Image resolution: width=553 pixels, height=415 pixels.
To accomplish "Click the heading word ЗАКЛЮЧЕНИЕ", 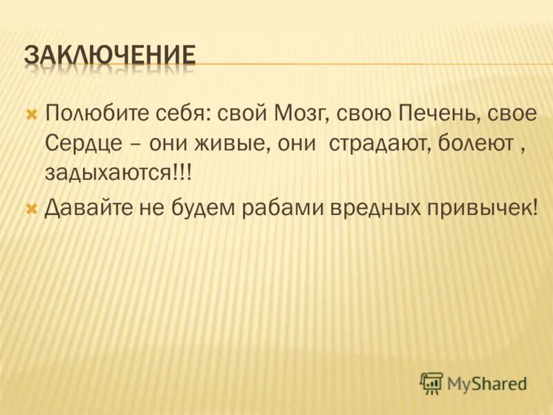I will [110, 56].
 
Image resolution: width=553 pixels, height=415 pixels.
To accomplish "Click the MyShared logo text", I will [487, 382].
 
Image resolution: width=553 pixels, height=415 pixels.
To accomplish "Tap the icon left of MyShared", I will [431, 382].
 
